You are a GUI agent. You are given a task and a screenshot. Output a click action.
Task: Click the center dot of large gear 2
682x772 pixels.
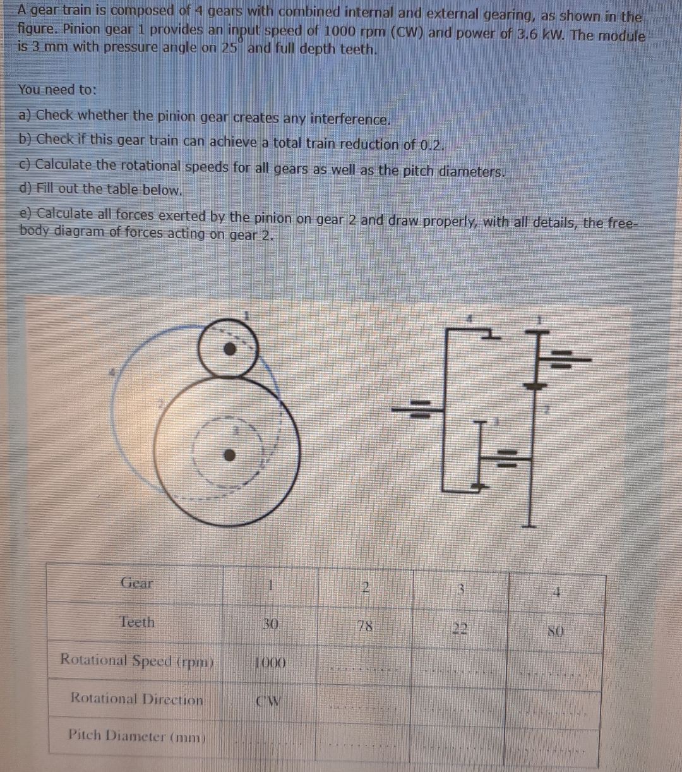pyautogui.click(x=231, y=454)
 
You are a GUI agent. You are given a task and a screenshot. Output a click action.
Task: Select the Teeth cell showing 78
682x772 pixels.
pyautogui.click(x=364, y=626)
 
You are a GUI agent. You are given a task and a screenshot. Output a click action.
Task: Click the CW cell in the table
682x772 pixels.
pyautogui.click(x=269, y=701)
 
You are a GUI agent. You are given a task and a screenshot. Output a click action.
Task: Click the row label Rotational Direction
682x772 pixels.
pyautogui.click(x=137, y=699)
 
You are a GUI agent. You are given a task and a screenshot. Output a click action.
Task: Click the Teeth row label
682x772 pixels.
pyautogui.click(x=137, y=622)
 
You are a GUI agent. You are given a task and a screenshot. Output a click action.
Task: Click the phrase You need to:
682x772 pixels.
pyautogui.click(x=57, y=90)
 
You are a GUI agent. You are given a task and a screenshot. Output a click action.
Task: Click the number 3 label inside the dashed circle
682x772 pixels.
pyautogui.click(x=235, y=430)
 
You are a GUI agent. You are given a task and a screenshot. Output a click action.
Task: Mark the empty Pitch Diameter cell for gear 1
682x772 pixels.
pyautogui.click(x=269, y=738)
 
